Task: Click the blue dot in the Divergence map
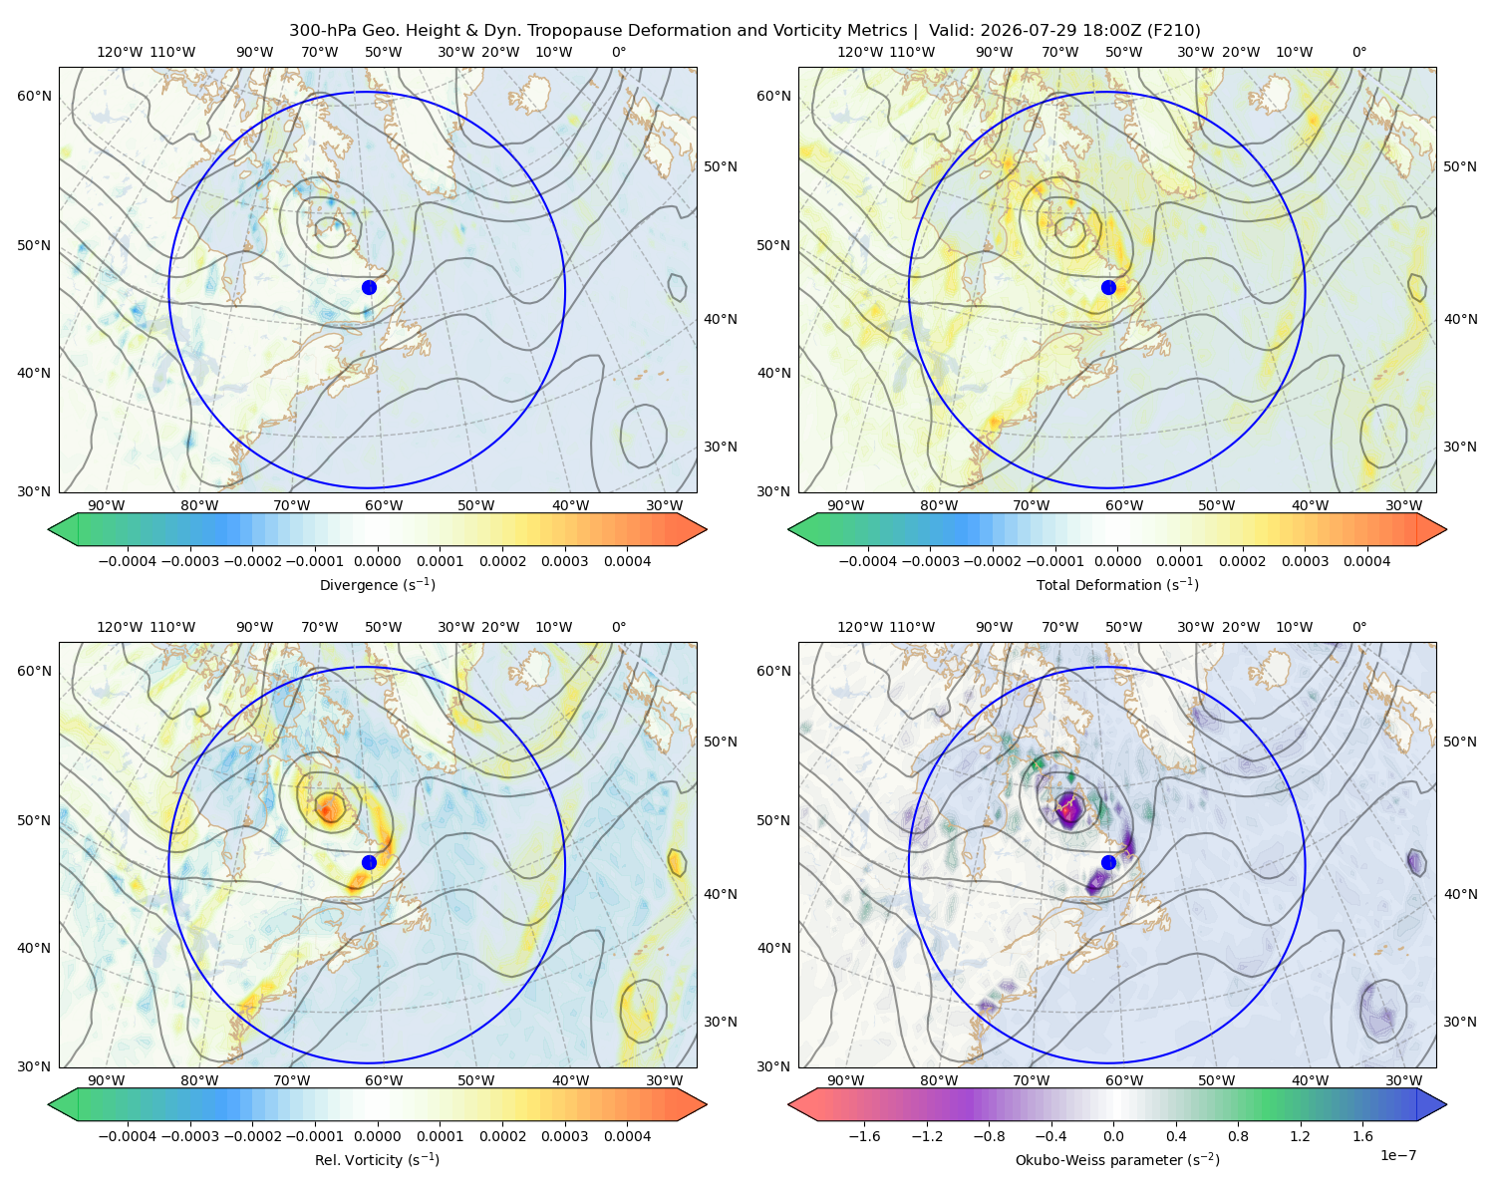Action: [x=369, y=287]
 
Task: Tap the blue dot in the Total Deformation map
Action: [x=1108, y=287]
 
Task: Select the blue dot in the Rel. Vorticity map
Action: [x=369, y=862]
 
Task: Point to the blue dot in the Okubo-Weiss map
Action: [x=1108, y=862]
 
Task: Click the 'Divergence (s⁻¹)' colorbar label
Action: [x=377, y=584]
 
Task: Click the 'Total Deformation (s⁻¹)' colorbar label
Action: [x=1117, y=584]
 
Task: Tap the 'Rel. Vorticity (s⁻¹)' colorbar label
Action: [x=377, y=1159]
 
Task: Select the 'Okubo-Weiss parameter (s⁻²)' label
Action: [x=1117, y=1159]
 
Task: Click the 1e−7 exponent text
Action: [x=1397, y=1155]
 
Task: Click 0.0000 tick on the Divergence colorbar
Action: [x=377, y=561]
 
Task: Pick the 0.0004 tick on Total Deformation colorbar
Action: [x=1366, y=561]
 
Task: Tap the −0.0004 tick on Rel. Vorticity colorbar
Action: [x=128, y=1136]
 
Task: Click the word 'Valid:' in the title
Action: [x=951, y=31]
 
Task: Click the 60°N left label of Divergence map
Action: [x=34, y=96]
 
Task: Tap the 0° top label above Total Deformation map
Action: [x=1358, y=52]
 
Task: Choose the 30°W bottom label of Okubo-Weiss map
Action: [x=1403, y=1080]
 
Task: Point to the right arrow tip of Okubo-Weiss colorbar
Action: [x=1446, y=1104]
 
